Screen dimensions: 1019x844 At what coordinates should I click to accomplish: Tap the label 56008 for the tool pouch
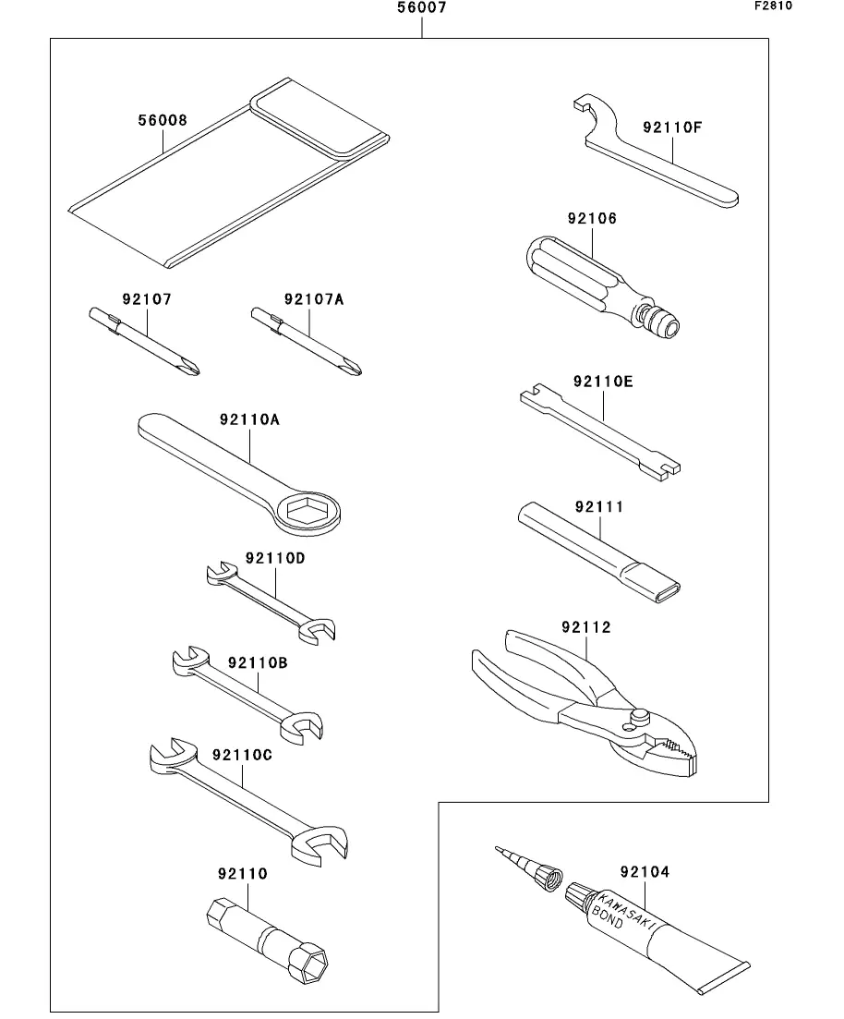(163, 120)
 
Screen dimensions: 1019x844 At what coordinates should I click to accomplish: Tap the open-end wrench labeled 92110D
(271, 602)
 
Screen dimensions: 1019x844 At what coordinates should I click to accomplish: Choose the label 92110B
(258, 663)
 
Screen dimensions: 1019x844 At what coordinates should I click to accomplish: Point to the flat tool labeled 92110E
(602, 430)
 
